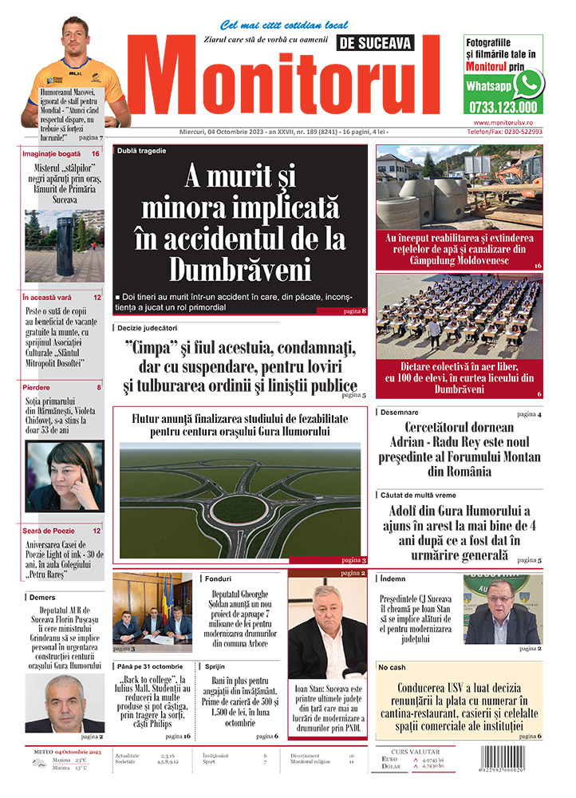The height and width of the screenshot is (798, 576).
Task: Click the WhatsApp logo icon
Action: point(528,83)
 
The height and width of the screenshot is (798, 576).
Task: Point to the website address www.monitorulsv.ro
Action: point(507,122)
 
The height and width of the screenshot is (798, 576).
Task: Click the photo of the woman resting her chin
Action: point(64,476)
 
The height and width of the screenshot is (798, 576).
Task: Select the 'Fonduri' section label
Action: point(218,579)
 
